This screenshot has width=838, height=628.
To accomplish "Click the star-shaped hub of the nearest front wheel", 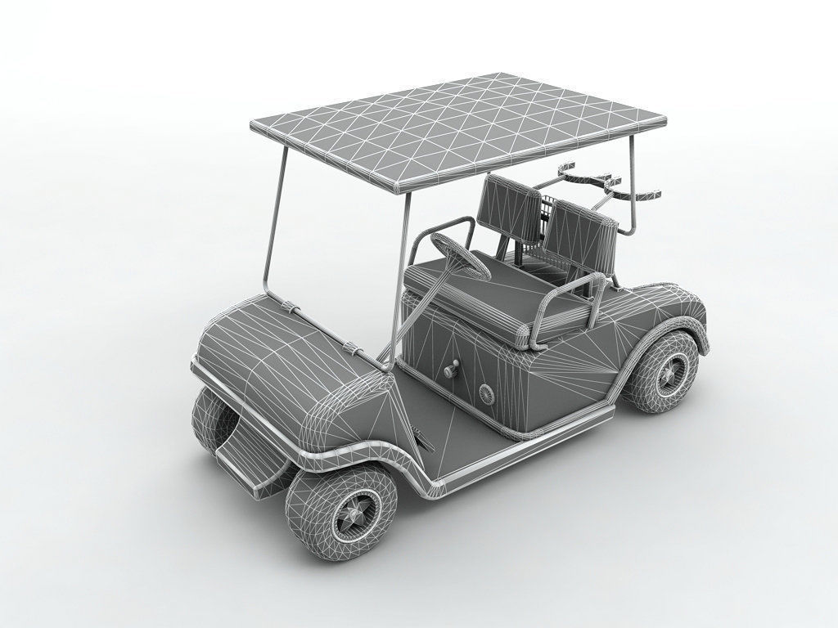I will click(x=355, y=513).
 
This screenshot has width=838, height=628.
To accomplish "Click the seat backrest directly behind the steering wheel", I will click(x=508, y=209).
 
